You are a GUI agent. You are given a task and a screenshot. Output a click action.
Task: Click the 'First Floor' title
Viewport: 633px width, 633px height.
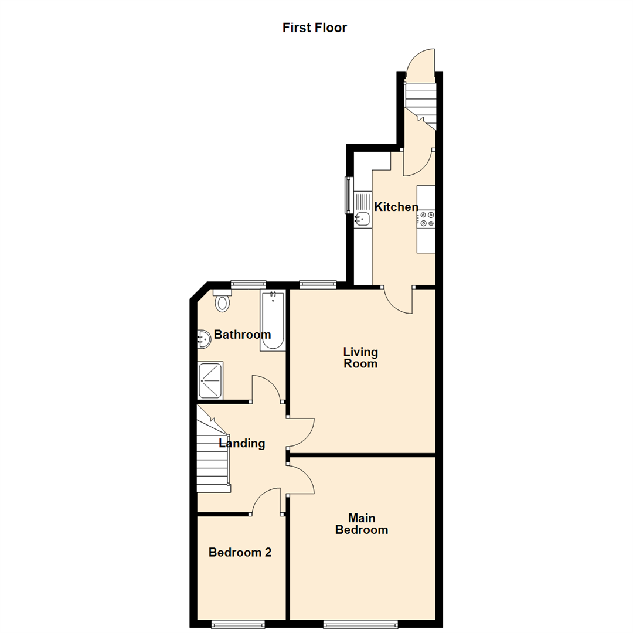315,28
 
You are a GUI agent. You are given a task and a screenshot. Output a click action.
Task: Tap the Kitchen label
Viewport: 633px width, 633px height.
396,207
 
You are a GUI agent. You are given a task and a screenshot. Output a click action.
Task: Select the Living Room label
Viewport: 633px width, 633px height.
360,358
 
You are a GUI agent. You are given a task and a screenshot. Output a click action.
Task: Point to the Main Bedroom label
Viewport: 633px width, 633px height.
361,524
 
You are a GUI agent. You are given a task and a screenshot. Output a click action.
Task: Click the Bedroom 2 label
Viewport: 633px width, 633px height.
240,552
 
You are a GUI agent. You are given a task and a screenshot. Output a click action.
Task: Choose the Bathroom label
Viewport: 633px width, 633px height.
242,335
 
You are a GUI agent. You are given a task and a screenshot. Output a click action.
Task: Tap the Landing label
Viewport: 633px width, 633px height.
242,444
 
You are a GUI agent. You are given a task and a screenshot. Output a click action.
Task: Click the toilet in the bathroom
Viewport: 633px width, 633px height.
222,302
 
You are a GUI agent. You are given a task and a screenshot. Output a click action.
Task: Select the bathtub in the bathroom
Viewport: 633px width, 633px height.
273,321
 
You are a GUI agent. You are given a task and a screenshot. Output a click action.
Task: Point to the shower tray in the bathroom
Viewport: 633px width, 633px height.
210,380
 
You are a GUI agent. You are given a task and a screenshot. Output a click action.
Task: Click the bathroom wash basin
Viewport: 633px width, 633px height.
203,339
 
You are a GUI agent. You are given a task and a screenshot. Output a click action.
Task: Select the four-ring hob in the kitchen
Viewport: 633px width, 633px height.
426,219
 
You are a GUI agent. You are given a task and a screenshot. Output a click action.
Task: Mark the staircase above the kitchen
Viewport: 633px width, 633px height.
421,103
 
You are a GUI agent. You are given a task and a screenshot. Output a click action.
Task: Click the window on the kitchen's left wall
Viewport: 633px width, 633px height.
348,195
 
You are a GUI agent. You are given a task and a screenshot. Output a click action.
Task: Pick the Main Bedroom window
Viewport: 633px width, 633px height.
360,623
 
